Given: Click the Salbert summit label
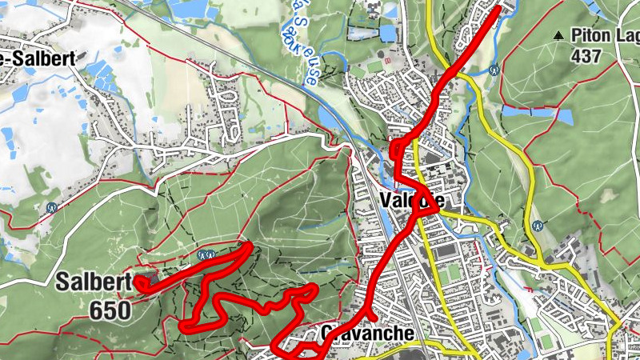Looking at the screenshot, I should pos(87,282).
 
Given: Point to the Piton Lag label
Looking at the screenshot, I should pos(605,35).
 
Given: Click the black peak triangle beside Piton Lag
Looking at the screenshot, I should pos(558,35).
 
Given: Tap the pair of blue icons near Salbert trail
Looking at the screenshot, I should pos(206,255).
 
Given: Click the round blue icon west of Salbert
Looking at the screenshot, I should pos(52,206).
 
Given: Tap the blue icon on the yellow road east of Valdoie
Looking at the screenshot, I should pos(538,226).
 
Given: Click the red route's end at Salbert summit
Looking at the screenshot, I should pos(142,282).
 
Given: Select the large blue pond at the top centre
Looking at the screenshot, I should pos(387,33).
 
